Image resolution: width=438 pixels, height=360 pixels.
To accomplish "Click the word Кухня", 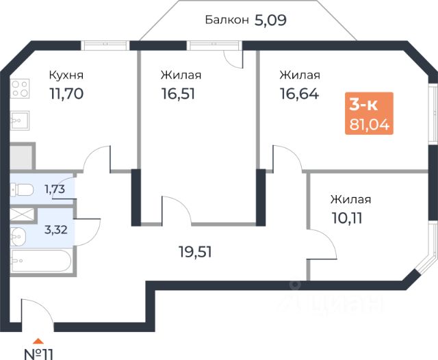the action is point(67,75).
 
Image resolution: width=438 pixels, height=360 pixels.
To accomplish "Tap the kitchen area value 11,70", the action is point(66,93).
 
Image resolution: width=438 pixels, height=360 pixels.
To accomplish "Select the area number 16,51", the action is point(179,93).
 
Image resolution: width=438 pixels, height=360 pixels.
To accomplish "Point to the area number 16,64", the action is point(298,93).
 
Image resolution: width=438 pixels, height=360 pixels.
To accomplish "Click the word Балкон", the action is point(227,20).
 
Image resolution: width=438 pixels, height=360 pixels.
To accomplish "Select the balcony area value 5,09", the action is point(270,20).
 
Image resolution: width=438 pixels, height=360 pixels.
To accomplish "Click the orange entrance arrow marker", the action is point(39,339).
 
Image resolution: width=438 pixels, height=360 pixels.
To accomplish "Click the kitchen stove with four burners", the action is point(19,88).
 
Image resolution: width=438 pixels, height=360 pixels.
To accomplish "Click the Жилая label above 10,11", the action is point(350,200).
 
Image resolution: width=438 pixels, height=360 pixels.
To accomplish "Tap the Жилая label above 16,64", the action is point(300,75).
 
